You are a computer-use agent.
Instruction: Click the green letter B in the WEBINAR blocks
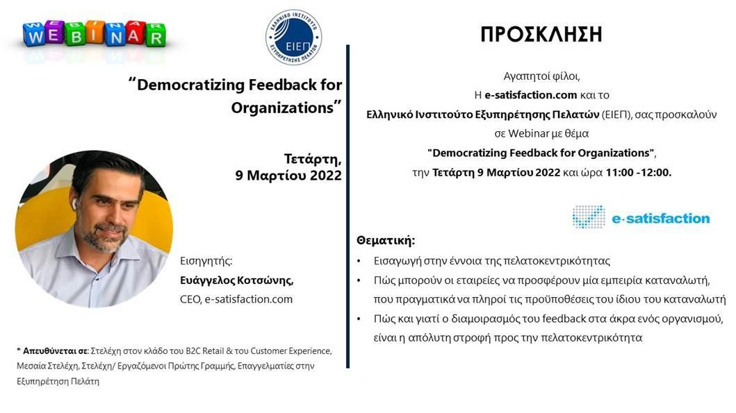tap(76, 36)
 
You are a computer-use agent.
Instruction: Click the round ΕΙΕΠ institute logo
tap(294, 37)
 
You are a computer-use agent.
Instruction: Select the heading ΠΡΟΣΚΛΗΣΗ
tap(541, 34)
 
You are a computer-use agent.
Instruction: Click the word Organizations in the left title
tap(282, 108)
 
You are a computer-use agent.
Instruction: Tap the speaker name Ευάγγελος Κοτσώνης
tap(236, 280)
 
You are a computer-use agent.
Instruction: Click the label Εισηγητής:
tap(206, 261)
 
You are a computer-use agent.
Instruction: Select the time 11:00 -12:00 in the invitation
tap(639, 173)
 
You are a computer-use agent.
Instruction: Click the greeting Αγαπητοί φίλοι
tap(541, 76)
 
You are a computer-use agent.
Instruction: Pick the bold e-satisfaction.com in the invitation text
tap(530, 95)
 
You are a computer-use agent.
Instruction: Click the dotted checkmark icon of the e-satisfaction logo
tap(589, 217)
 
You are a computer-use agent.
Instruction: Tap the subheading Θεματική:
tap(386, 241)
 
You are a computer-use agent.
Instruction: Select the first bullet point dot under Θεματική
tap(359, 261)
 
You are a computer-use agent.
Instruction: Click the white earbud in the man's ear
tap(74, 204)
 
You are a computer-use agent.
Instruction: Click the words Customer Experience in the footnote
tap(291, 351)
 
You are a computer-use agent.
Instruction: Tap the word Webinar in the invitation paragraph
tap(528, 133)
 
